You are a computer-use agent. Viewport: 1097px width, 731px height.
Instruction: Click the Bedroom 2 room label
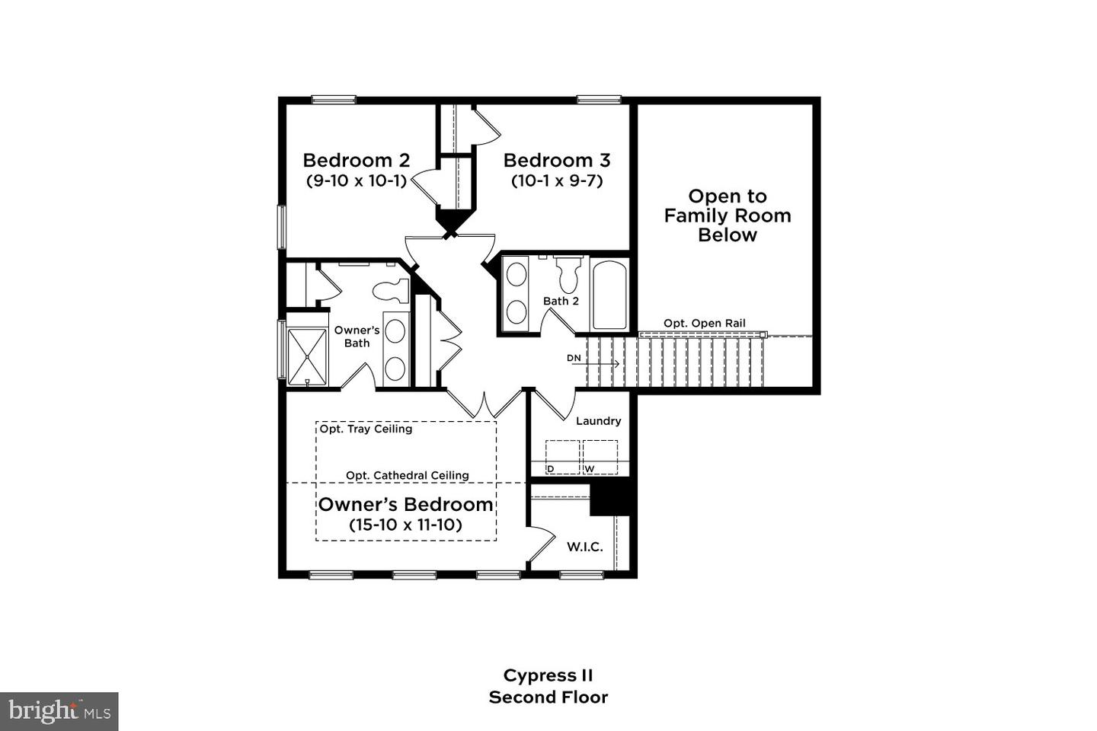[x=356, y=160]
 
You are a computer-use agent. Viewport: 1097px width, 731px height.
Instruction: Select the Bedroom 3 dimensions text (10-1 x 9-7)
[x=557, y=181]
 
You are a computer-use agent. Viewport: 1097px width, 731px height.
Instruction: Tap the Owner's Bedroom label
[x=405, y=504]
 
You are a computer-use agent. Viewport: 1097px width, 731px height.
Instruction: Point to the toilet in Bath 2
[x=568, y=274]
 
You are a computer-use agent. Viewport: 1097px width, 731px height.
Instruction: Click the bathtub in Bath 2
[x=609, y=295]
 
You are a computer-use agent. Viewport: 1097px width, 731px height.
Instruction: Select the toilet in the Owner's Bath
[x=391, y=291]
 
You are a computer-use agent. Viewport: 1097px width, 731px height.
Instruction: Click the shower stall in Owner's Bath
[x=307, y=356]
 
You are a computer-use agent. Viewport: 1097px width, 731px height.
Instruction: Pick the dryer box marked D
[x=563, y=458]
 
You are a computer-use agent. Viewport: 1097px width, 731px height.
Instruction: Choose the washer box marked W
[x=600, y=458]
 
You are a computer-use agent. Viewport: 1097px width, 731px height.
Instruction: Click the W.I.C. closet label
[x=585, y=547]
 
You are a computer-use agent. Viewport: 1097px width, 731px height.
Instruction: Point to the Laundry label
[x=599, y=421]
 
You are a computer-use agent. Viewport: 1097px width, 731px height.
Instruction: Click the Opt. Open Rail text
[x=704, y=323]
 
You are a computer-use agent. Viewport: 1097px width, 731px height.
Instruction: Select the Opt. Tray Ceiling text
[x=366, y=429]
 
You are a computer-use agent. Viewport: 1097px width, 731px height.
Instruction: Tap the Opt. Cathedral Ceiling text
[x=408, y=475]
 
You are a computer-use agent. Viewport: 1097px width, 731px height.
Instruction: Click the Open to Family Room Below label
[x=728, y=215]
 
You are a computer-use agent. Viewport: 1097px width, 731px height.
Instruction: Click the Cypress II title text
[x=548, y=675]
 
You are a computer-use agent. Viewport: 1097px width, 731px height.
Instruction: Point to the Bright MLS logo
[x=59, y=711]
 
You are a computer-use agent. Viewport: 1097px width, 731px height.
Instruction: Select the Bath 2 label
[x=561, y=301]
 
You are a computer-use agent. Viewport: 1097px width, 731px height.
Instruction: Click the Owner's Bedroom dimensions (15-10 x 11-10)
[x=405, y=525]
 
